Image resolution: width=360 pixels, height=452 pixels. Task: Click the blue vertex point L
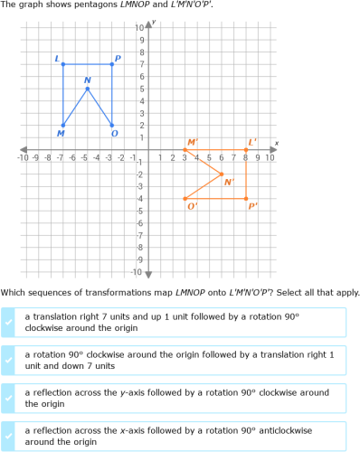pos(63,63)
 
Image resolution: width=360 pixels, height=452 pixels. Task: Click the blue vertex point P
pos(112,63)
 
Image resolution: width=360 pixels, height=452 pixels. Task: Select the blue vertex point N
pos(88,89)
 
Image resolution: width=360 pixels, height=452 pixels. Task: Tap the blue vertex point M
pos(63,125)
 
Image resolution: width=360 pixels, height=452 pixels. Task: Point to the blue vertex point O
pos(112,125)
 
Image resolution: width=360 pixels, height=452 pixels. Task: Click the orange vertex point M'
pos(185,149)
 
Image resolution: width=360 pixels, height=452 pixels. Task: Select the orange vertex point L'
pos(246,149)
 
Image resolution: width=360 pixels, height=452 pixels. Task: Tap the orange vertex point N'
pos(222,174)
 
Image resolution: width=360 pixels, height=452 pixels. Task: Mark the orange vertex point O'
pos(185,198)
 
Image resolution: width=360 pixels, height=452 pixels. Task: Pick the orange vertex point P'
pos(246,198)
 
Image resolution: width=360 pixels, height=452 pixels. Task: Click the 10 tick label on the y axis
pos(139,27)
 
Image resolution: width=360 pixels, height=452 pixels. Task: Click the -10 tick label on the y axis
pos(137,271)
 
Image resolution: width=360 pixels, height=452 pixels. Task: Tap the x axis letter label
pos(276,143)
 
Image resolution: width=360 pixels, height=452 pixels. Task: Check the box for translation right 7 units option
pos(9,322)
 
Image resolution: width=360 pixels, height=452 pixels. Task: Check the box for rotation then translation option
pos(9,360)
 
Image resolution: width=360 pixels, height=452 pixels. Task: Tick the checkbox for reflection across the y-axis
pos(9,398)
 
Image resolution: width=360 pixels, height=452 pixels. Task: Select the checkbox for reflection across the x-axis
pos(9,436)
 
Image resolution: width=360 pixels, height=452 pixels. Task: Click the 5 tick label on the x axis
pos(209,158)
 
